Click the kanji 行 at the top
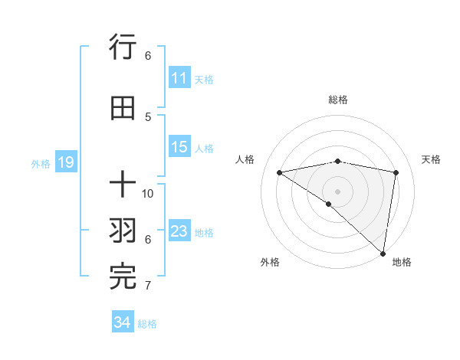point(123,48)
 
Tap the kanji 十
point(123,185)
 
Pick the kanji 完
point(123,277)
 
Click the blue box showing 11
point(179,78)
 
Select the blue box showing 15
point(179,147)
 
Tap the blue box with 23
point(179,231)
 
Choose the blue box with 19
point(65,162)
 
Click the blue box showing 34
point(123,322)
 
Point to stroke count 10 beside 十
point(148,193)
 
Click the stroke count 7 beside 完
point(148,286)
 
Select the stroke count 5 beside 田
point(148,116)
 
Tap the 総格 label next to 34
point(148,324)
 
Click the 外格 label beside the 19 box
point(41,163)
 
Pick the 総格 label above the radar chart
point(337,100)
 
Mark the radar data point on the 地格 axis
point(383,253)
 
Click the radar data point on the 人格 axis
point(280,172)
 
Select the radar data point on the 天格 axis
point(396,172)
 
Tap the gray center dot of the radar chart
point(337,191)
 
